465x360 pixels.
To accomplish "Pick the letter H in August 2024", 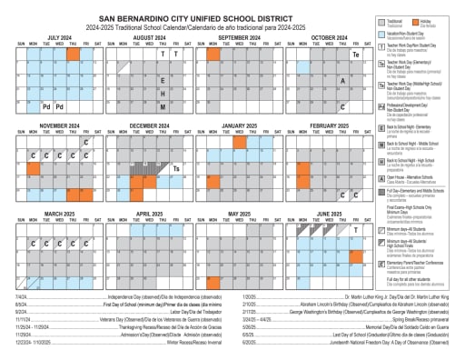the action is click(x=163, y=94).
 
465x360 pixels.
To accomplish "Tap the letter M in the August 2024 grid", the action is click(x=163, y=107).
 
